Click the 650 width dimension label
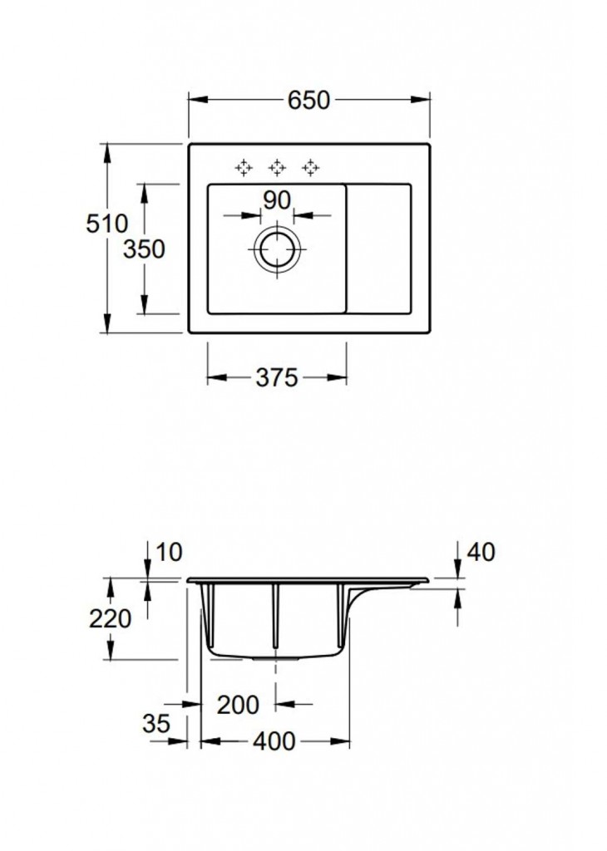(x=309, y=100)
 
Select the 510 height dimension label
(x=106, y=224)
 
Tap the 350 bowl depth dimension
(x=146, y=249)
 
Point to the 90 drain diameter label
(x=276, y=200)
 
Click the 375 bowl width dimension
(x=276, y=378)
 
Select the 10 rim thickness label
(x=167, y=552)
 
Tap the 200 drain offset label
(x=238, y=705)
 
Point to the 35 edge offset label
(x=155, y=723)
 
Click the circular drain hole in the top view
(x=275, y=249)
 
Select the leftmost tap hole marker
(x=244, y=168)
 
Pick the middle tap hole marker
(x=277, y=168)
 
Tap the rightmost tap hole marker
(x=311, y=168)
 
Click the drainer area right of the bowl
(x=378, y=249)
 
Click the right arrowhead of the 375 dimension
(x=342, y=378)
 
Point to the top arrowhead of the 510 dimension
(x=107, y=150)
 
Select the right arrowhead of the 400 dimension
(x=343, y=740)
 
